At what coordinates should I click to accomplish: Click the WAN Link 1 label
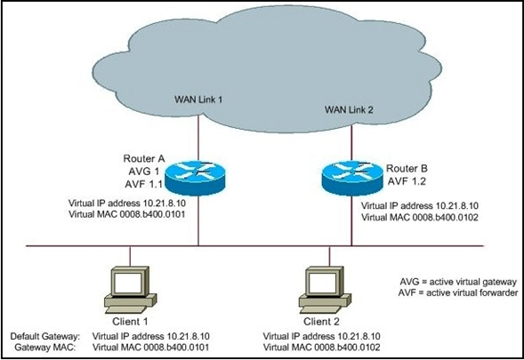(198, 100)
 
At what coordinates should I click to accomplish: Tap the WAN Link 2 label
(349, 109)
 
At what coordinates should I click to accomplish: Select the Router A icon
(196, 178)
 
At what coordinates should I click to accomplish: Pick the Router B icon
(352, 178)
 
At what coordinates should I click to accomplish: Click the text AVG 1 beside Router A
(144, 172)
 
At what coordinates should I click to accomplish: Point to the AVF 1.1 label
(144, 184)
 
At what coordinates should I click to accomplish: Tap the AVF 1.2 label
(407, 181)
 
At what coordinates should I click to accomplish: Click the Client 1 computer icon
(130, 290)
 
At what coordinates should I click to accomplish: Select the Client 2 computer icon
(325, 290)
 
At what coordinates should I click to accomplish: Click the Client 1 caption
(130, 322)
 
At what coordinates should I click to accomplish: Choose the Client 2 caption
(321, 322)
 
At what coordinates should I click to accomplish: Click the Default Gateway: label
(45, 336)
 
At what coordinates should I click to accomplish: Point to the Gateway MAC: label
(45, 348)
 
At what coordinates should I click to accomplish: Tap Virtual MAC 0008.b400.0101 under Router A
(127, 214)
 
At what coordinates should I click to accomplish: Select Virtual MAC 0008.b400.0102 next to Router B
(420, 218)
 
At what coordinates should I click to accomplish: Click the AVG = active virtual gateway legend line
(458, 282)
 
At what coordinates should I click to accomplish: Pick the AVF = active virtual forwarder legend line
(458, 292)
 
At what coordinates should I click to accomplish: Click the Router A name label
(144, 158)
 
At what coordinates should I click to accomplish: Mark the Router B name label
(407, 169)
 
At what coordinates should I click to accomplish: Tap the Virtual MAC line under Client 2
(322, 348)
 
